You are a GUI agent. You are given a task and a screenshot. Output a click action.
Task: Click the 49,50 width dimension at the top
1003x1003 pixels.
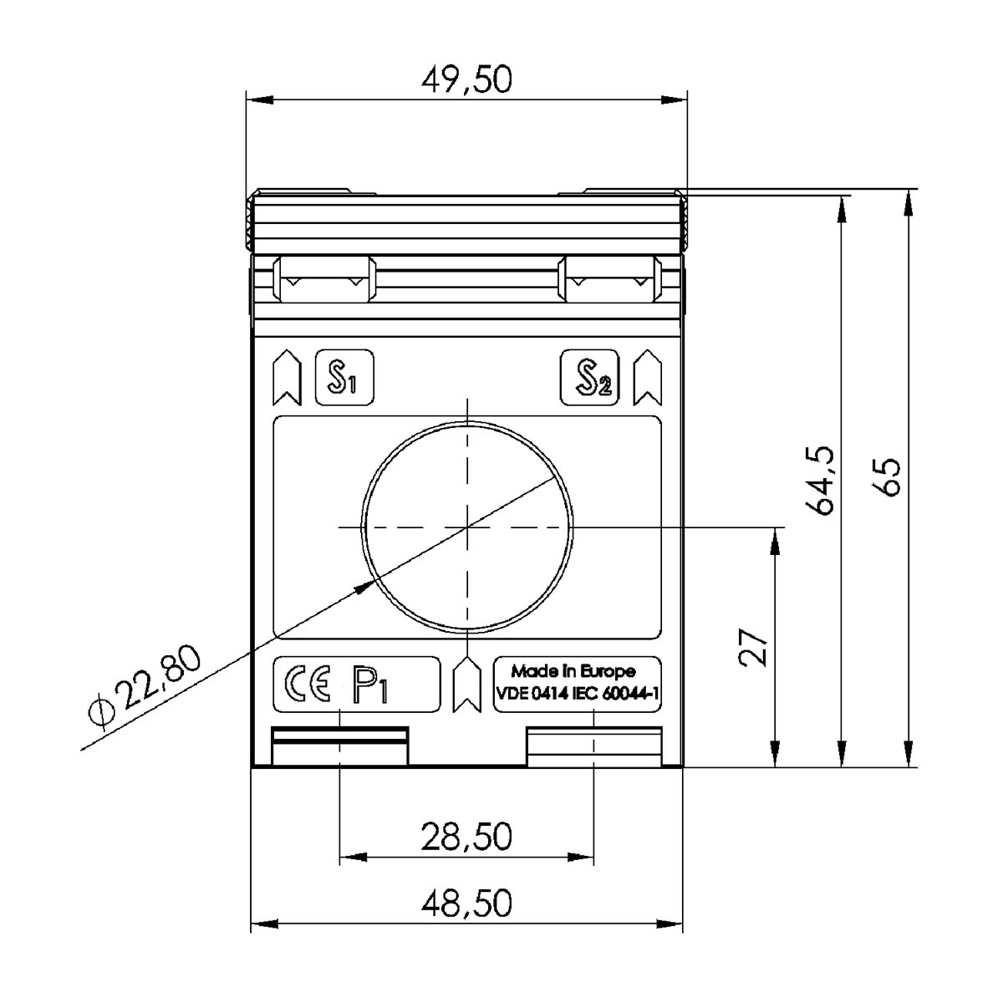466,81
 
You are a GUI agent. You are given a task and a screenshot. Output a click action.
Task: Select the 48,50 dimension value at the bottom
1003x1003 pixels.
466,904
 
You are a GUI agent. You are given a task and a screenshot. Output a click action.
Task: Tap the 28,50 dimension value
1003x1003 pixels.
466,837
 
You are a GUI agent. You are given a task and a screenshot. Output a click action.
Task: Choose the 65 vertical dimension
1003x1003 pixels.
888,476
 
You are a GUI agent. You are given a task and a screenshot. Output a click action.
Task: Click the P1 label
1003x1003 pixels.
369,685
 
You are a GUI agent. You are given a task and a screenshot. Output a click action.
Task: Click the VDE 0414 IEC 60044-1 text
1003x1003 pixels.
578,694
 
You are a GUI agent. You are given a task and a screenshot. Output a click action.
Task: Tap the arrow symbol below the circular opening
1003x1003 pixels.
466,685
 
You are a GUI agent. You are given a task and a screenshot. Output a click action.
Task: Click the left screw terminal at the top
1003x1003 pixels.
324,280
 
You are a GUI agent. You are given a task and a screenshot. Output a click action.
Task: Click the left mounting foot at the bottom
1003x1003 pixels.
339,746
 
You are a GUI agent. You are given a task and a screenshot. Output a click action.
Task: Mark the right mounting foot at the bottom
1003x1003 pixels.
593,746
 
